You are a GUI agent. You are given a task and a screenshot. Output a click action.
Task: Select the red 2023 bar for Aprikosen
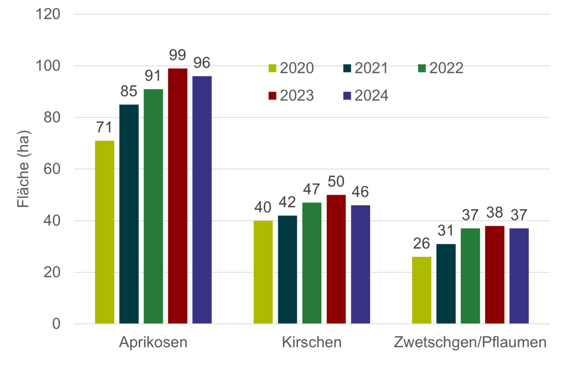click(177, 195)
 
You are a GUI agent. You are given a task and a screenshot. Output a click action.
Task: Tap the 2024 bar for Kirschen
click(360, 264)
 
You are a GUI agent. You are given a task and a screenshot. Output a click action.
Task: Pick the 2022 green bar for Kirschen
click(312, 262)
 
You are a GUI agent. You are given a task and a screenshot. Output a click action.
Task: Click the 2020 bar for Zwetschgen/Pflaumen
click(421, 290)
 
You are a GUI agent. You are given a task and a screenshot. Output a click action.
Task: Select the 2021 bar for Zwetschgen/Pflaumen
click(446, 283)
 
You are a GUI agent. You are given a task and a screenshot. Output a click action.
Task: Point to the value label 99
click(177, 56)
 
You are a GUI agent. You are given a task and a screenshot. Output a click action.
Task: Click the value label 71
click(104, 128)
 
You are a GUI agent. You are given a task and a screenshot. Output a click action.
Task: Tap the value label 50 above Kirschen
click(336, 182)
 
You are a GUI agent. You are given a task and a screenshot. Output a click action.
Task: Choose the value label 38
click(494, 213)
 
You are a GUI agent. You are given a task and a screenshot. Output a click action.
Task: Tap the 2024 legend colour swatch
click(347, 96)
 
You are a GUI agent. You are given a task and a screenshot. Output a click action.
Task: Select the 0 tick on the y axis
click(56, 324)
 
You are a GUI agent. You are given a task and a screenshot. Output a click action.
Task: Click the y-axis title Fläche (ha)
click(24, 169)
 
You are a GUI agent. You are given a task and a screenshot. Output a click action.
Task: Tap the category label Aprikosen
click(153, 342)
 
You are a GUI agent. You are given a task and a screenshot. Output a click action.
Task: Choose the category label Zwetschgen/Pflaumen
click(470, 342)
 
